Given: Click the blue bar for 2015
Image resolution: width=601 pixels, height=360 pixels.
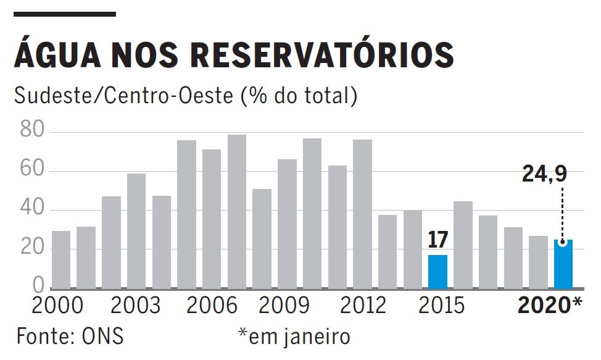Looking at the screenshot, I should [x=437, y=272].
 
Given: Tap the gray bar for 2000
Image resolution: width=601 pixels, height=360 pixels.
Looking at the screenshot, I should [x=60, y=259].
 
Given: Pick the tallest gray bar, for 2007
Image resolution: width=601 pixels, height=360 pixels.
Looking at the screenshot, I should [x=236, y=211].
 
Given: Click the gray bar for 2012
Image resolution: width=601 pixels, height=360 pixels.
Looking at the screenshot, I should [x=362, y=214].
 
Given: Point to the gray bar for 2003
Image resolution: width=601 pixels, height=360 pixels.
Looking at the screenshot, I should [x=136, y=231].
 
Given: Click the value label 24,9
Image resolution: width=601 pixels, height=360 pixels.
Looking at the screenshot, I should [x=544, y=174].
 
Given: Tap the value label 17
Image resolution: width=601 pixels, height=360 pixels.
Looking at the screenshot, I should [x=437, y=240].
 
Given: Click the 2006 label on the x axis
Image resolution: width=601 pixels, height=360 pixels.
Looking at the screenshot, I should [x=212, y=306].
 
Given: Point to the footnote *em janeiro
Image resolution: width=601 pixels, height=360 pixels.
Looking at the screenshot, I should [x=294, y=337].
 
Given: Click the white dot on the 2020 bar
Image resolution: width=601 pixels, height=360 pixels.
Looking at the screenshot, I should [x=563, y=243].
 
